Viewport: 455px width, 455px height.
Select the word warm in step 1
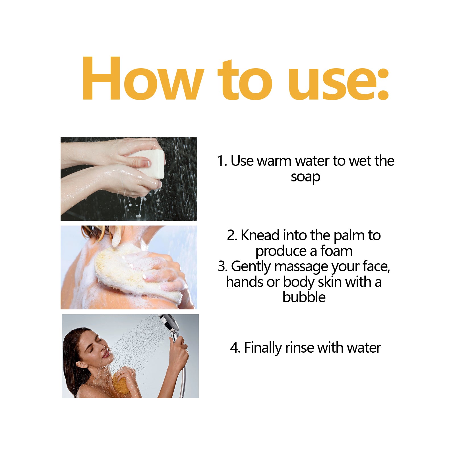pos(274,161)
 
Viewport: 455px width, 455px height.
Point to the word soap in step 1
pos(305,177)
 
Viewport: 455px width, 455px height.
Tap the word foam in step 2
pos(336,251)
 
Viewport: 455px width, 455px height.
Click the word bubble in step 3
pos(304,297)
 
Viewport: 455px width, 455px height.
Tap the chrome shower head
pos(170,323)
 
